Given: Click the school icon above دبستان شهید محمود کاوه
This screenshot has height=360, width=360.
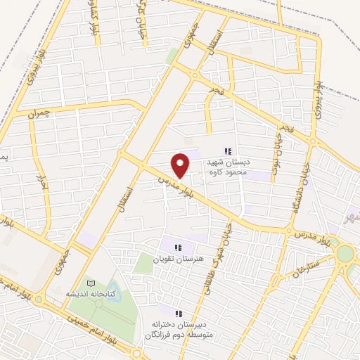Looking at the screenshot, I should pos(227,151).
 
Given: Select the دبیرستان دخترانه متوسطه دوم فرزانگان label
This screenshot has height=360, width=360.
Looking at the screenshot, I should pos(179,328).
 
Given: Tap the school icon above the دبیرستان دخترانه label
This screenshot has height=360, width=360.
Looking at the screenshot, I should pos(178,313).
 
